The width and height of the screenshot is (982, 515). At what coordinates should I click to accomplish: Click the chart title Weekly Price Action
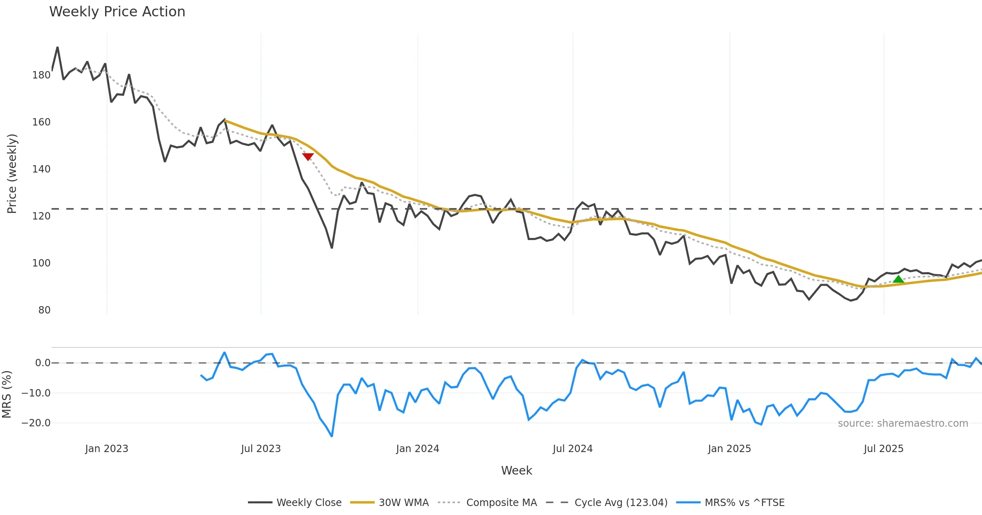(117, 12)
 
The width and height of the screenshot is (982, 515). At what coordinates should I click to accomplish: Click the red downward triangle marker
(308, 157)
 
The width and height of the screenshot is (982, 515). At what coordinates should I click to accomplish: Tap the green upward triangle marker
(898, 279)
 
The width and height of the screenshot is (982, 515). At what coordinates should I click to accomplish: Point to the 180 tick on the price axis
(41, 75)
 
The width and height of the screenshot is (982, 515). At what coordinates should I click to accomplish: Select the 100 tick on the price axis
(41, 263)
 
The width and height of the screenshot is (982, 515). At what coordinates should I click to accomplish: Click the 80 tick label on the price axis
(44, 310)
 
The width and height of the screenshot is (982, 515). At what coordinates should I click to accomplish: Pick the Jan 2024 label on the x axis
(417, 449)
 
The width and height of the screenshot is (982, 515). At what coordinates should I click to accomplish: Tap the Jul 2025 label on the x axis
(883, 449)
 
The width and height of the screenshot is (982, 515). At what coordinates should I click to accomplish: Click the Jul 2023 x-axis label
(261, 449)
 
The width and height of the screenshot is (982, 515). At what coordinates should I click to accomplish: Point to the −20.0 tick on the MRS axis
(36, 423)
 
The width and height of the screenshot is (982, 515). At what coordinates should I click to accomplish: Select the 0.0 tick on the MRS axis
(43, 363)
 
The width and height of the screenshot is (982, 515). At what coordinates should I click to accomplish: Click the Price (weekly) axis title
(12, 174)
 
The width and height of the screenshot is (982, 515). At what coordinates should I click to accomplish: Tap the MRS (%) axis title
(7, 394)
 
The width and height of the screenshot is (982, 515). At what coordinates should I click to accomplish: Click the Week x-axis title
(516, 471)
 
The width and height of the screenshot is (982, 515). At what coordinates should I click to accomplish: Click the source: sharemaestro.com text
(903, 423)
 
